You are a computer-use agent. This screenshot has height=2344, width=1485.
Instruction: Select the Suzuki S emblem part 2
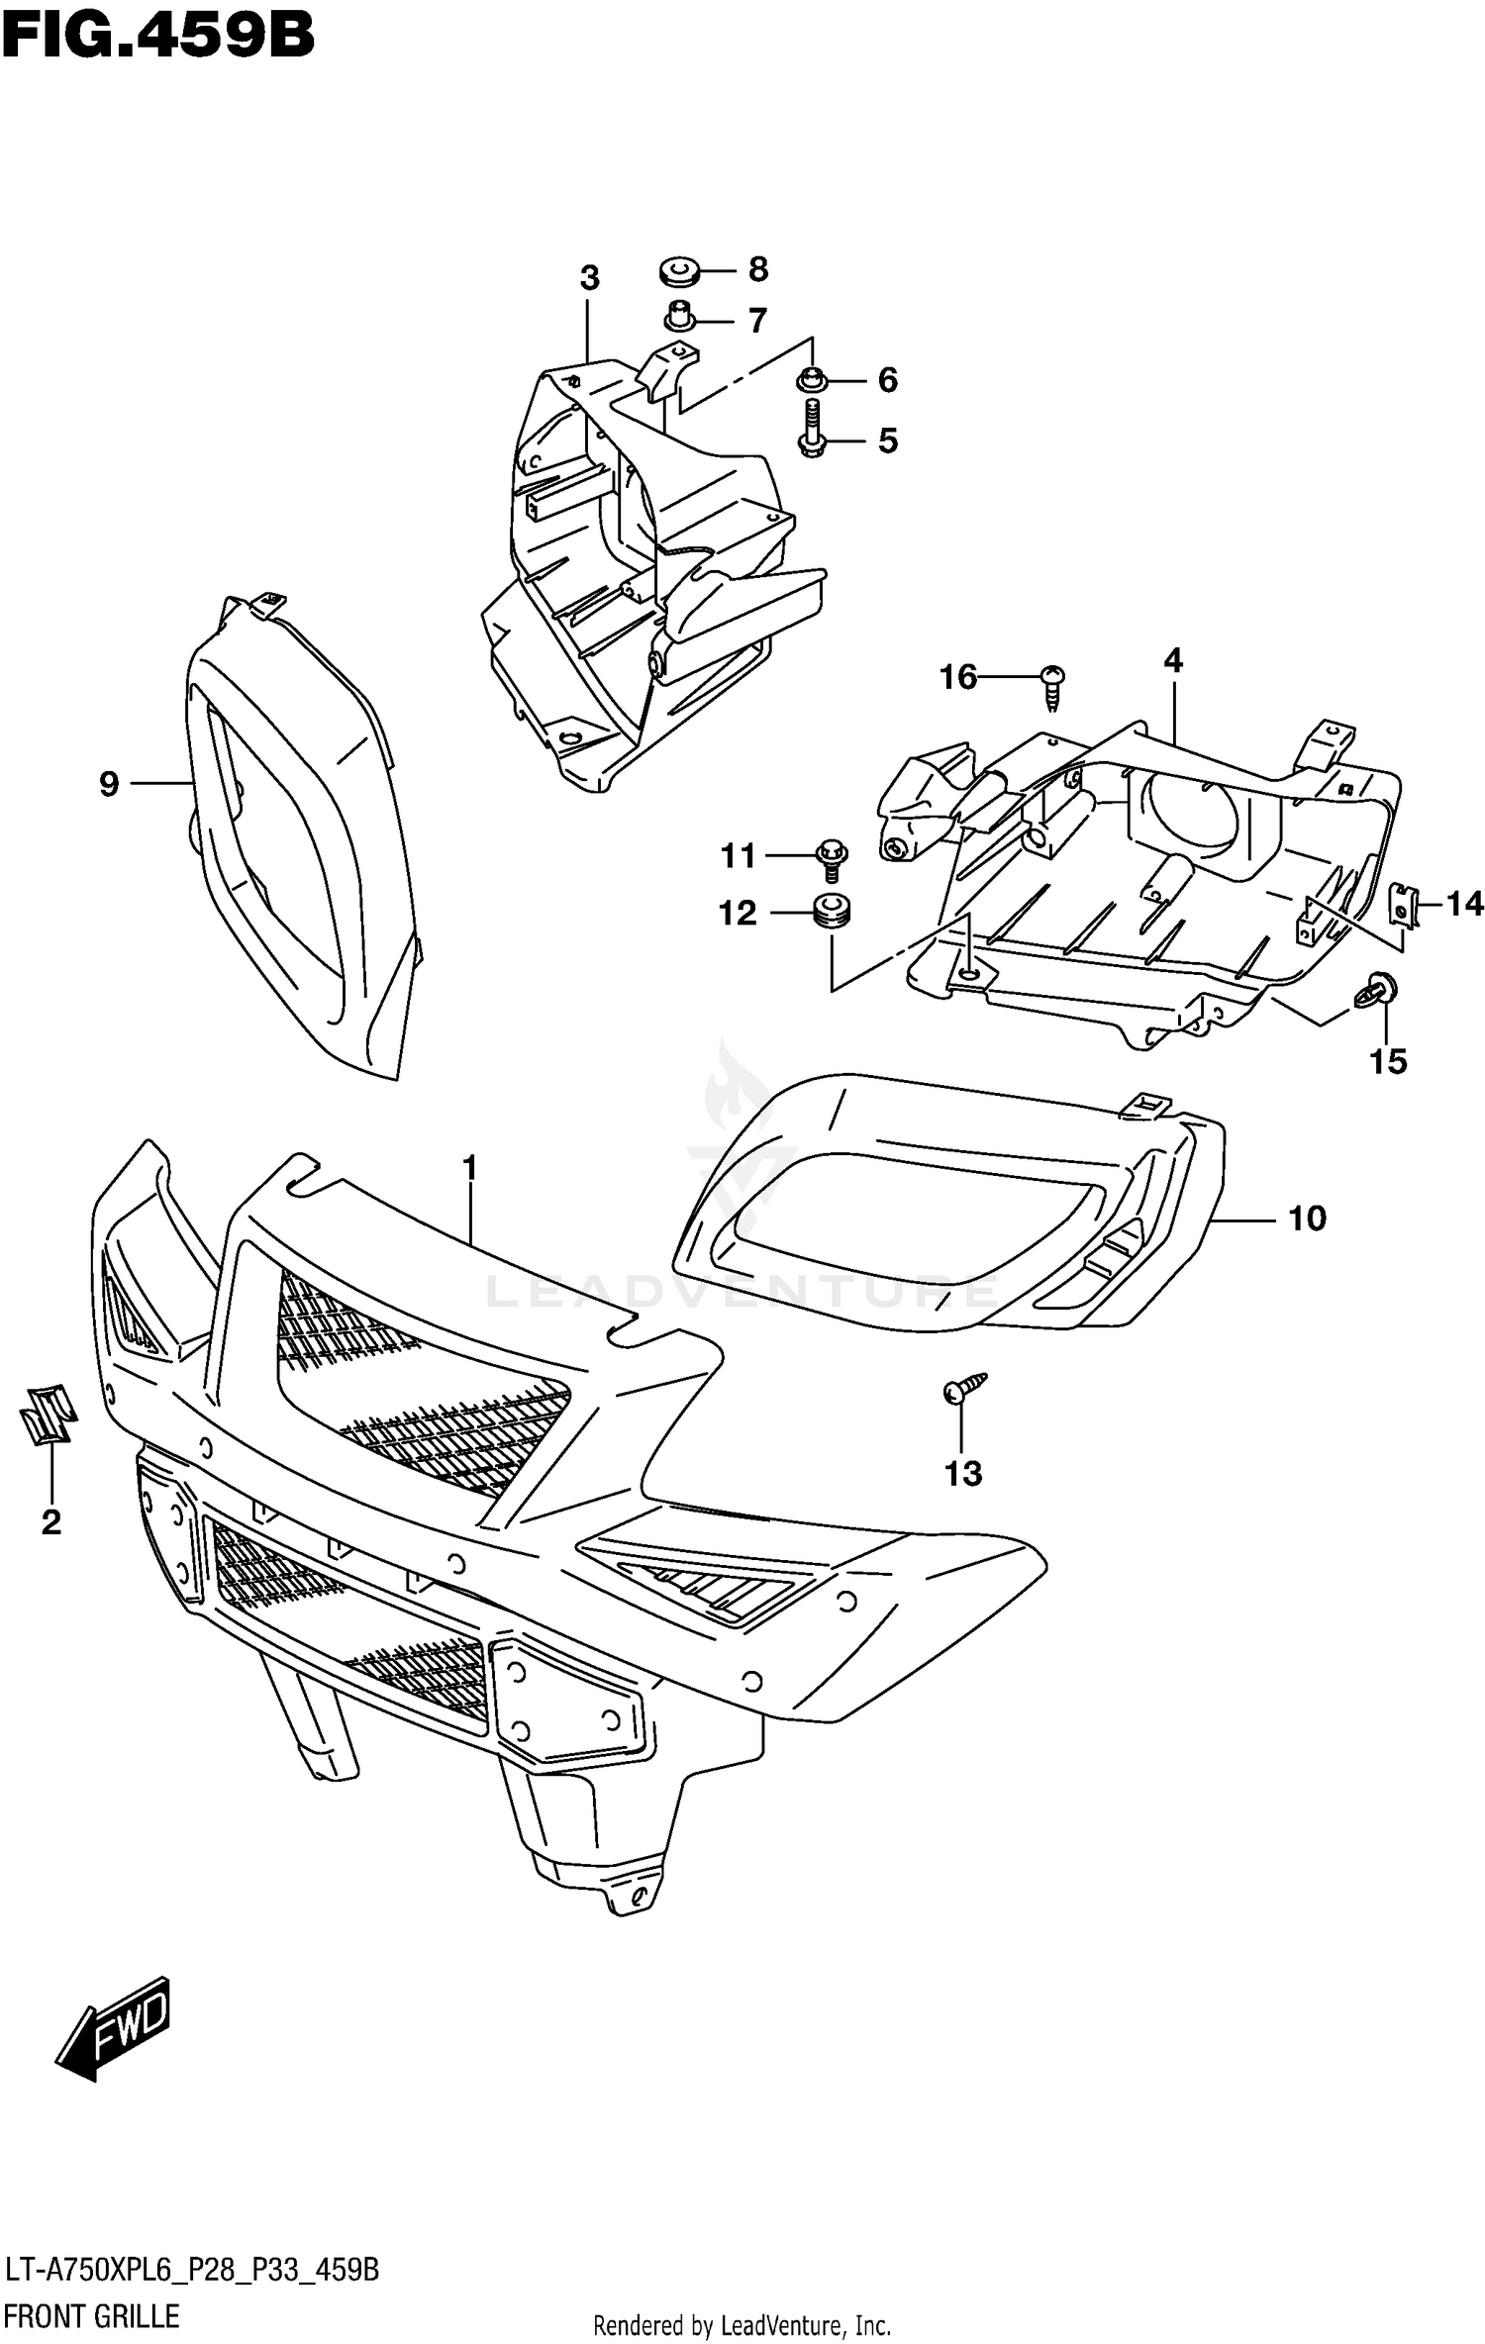click(47, 1414)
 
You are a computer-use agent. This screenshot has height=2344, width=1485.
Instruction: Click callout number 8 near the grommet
click(757, 269)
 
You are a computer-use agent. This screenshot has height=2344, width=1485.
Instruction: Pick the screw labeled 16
click(1053, 686)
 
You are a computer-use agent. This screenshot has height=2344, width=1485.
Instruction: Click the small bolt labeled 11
click(831, 857)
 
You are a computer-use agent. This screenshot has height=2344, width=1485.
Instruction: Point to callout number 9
click(109, 784)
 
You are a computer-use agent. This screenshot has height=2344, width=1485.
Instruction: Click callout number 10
click(1306, 1219)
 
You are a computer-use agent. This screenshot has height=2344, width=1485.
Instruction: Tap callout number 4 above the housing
click(1173, 660)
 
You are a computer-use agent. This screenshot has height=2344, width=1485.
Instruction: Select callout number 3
click(589, 278)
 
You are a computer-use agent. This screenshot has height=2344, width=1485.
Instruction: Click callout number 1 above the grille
click(469, 1169)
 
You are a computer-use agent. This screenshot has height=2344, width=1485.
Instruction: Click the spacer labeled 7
click(677, 318)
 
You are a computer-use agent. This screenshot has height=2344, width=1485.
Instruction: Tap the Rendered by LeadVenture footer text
click(742, 2325)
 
